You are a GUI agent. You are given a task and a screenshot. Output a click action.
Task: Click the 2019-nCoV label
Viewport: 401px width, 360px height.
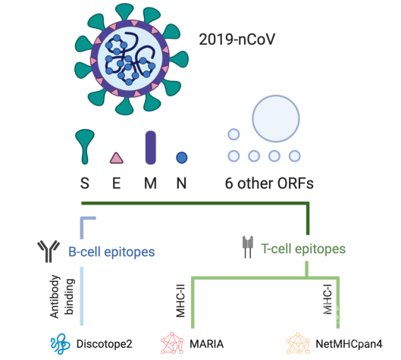click(x=237, y=39)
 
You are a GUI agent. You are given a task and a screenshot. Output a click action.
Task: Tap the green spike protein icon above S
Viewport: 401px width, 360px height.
click(x=85, y=146)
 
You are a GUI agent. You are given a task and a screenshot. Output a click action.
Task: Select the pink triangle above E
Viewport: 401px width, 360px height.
click(x=117, y=158)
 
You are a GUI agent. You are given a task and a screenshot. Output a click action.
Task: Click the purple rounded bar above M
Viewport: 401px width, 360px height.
click(x=151, y=147)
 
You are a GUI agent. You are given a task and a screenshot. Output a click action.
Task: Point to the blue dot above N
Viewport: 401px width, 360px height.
click(x=182, y=158)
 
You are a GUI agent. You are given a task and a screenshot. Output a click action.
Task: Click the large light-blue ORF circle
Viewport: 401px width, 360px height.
click(x=276, y=118)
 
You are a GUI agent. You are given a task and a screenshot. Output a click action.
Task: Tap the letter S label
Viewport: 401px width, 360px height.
click(x=85, y=183)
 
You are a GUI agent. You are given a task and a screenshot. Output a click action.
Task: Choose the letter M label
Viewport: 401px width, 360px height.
click(x=150, y=183)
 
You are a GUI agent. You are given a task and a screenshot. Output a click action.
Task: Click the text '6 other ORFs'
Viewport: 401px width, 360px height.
click(x=269, y=183)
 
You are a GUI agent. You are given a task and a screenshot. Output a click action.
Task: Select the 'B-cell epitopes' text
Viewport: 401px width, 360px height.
click(x=111, y=252)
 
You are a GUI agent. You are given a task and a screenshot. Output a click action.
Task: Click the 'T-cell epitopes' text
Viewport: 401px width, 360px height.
click(x=303, y=249)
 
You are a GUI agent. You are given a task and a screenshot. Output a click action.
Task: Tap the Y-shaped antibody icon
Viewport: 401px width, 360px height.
click(x=49, y=251)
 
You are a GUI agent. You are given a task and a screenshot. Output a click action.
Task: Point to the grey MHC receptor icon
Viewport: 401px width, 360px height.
click(x=248, y=247)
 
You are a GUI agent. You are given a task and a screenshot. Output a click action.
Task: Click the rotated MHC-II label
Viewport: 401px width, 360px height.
click(x=180, y=301)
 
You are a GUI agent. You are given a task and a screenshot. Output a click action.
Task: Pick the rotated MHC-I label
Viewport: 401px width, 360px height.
click(x=327, y=299)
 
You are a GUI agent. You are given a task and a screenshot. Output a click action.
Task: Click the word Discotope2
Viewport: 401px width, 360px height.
click(x=105, y=344)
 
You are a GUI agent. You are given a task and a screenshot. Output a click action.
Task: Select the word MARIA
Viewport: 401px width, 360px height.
click(x=207, y=344)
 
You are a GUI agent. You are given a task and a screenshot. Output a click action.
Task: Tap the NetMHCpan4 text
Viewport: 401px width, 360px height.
click(x=349, y=344)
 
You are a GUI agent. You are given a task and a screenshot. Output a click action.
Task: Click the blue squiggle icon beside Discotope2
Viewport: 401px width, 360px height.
click(x=61, y=344)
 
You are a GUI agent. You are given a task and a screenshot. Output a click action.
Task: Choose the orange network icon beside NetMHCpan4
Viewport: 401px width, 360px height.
click(x=298, y=343)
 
